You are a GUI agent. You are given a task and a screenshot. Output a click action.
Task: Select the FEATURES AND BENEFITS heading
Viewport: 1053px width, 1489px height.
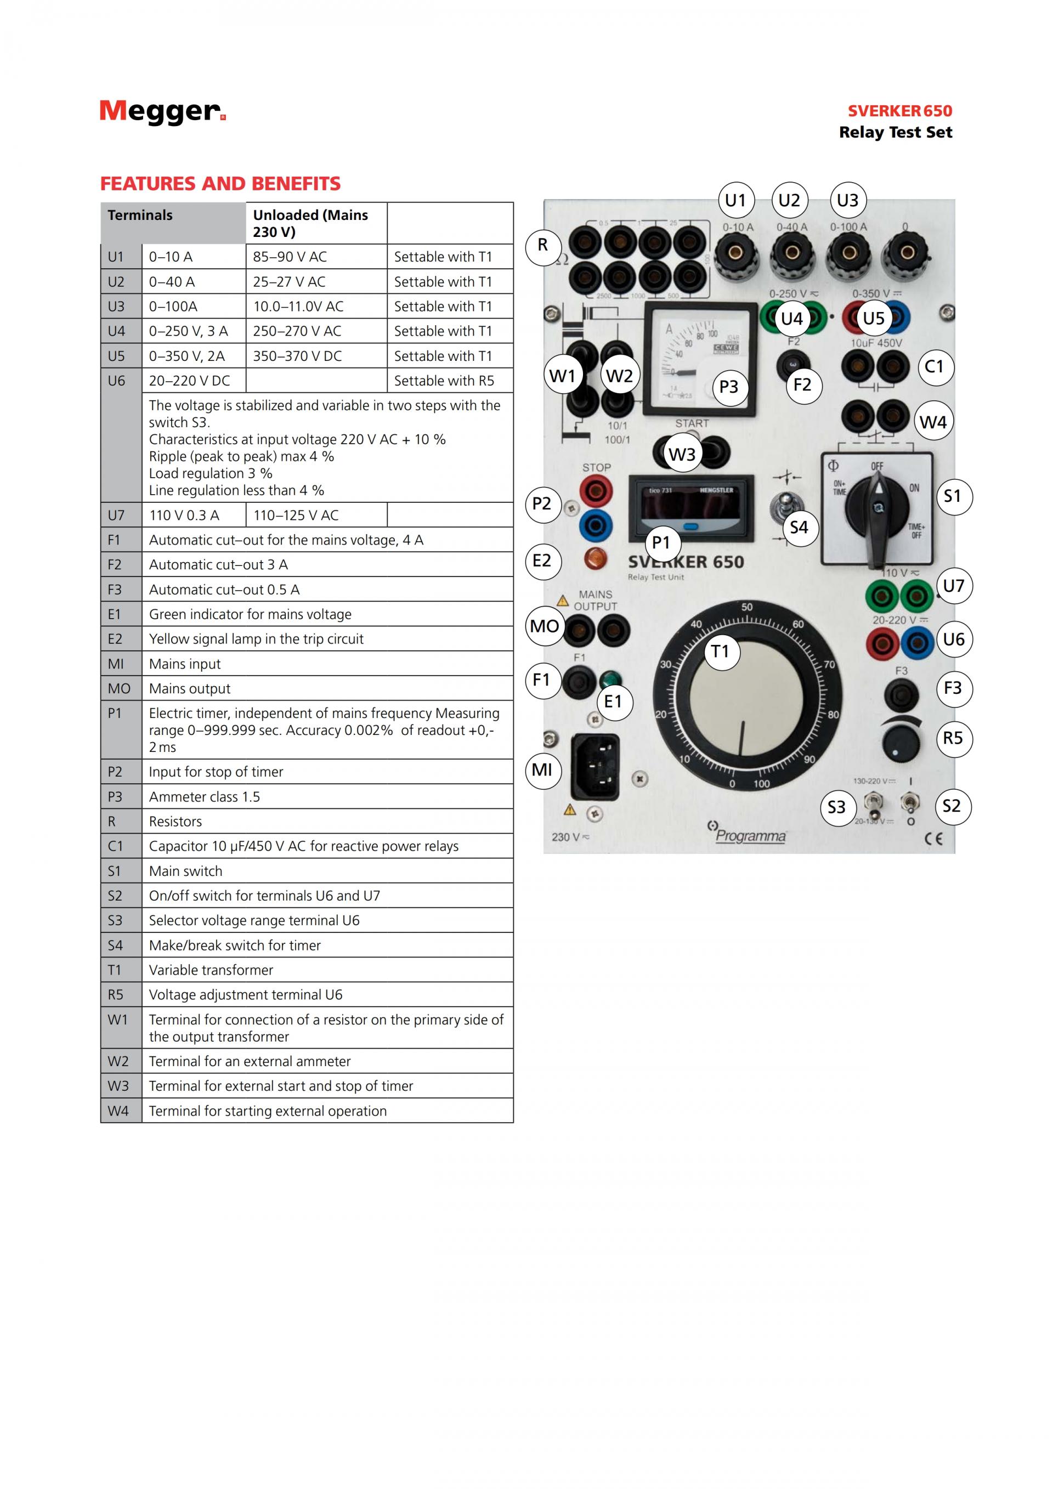(220, 184)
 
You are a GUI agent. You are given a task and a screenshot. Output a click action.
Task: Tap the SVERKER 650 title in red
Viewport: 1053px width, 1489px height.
(900, 111)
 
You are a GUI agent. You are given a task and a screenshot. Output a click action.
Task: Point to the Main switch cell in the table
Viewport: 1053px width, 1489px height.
(327, 871)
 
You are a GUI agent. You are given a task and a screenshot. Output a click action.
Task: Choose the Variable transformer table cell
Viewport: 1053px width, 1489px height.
(327, 970)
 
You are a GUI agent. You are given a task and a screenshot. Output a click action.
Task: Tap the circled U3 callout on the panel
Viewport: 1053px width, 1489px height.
(848, 200)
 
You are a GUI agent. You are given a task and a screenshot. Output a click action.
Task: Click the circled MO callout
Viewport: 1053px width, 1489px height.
(544, 626)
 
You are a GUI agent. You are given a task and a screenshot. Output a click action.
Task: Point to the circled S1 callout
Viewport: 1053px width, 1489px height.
(953, 496)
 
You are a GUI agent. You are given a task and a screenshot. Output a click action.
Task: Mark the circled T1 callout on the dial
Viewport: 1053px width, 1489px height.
(720, 651)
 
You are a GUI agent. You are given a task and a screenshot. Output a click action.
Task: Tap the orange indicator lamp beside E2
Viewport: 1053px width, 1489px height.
(595, 558)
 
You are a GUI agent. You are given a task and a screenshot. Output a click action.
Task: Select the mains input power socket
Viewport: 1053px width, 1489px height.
(595, 768)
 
